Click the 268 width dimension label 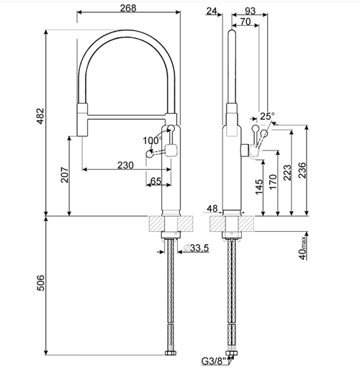(128, 8)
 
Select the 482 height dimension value (40, 116)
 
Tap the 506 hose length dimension (40, 283)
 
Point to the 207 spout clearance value (64, 175)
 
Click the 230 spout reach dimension (125, 165)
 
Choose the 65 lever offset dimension (156, 181)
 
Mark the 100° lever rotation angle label (153, 140)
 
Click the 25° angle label (267, 116)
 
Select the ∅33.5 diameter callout (196, 248)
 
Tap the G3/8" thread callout (214, 368)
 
